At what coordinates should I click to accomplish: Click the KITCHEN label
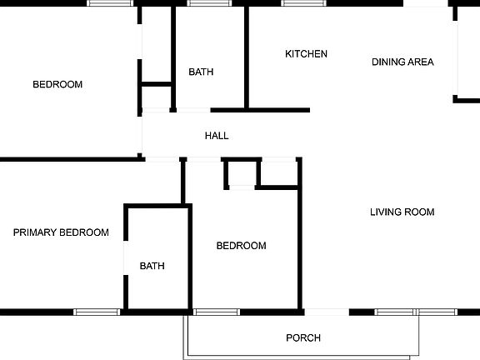pyautogui.click(x=306, y=54)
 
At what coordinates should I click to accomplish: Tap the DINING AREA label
pyautogui.click(x=402, y=62)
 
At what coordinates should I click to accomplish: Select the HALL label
pyautogui.click(x=217, y=136)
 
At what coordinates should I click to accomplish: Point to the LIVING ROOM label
pyautogui.click(x=402, y=212)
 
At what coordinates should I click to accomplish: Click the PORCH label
pyautogui.click(x=303, y=338)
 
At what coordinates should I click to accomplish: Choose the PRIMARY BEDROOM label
pyautogui.click(x=61, y=233)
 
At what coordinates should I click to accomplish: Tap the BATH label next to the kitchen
pyautogui.click(x=201, y=72)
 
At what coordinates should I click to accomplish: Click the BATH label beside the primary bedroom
pyautogui.click(x=152, y=267)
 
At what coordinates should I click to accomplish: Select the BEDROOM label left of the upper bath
pyautogui.click(x=57, y=84)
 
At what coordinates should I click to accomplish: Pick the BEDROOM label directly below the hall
pyautogui.click(x=241, y=246)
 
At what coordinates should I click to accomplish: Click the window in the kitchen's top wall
pyautogui.click(x=304, y=3)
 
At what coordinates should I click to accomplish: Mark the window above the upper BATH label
pyautogui.click(x=208, y=3)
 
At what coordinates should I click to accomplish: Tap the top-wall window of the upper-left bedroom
pyautogui.click(x=111, y=3)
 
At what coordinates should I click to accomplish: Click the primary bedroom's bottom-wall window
pyautogui.click(x=97, y=312)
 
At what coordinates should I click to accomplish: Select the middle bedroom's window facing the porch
pyautogui.click(x=217, y=312)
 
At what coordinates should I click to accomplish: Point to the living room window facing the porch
pyautogui.click(x=415, y=312)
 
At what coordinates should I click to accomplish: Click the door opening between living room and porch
pyautogui.click(x=327, y=312)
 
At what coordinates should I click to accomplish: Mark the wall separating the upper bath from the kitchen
pyautogui.click(x=247, y=57)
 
